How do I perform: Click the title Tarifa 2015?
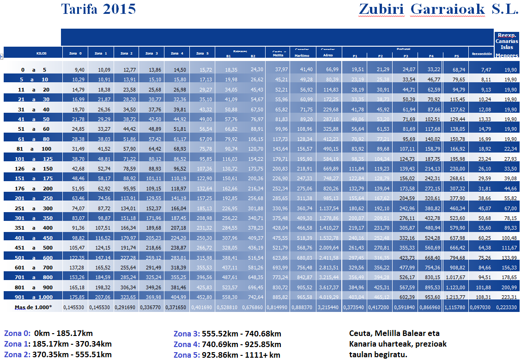pos(98,9)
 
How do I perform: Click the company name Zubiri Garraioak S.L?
pos(438,9)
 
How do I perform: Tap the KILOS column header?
pos(42,54)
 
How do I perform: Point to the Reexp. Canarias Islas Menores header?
pos(507,45)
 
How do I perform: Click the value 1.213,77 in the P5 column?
pos(456,296)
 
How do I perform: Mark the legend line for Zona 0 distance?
pos(52,333)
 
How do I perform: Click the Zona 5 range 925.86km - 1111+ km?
pos(227,355)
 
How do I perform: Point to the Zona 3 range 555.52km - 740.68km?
pos(227,334)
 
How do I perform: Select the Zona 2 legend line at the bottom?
pos(58,354)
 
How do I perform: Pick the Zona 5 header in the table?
pos(203,54)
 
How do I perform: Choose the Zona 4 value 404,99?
pos(177,296)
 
